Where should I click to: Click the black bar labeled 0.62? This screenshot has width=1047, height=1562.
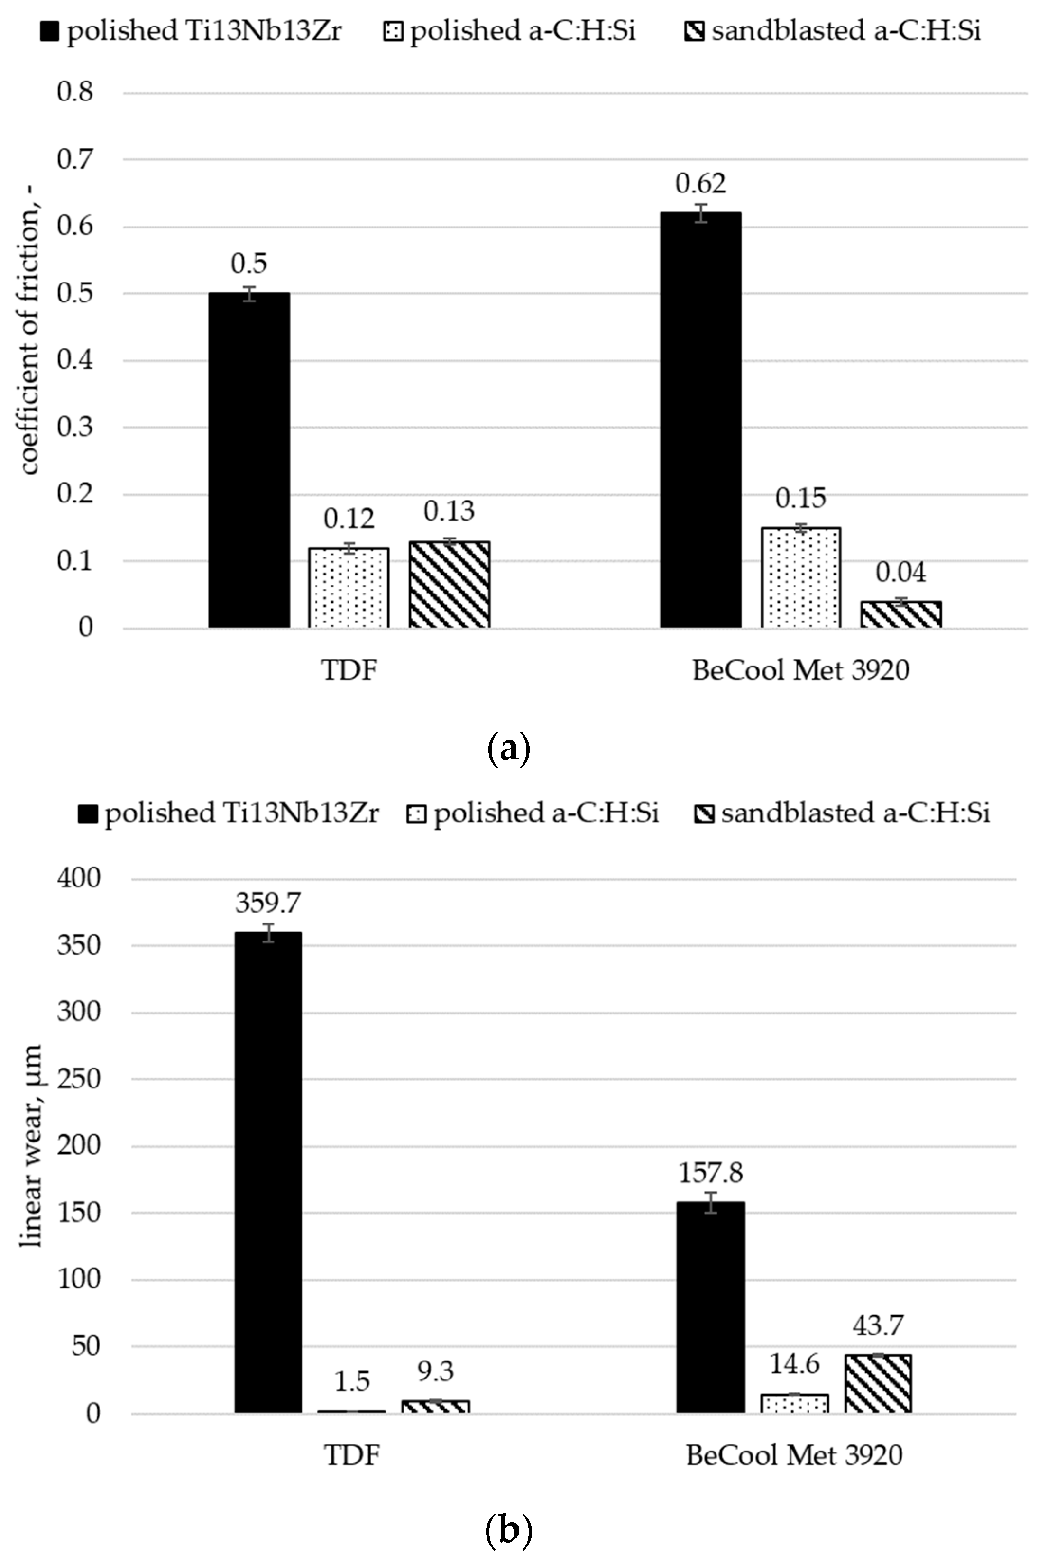(x=700, y=420)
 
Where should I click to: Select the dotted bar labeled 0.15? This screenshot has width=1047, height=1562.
(x=800, y=577)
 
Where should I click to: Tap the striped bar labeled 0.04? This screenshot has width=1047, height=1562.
(x=901, y=615)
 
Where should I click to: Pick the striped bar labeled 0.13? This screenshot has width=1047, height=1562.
(x=450, y=585)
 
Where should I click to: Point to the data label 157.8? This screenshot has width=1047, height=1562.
(x=710, y=1173)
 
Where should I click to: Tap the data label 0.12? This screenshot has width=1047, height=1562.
(x=349, y=519)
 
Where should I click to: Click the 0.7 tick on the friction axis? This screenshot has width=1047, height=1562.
(x=75, y=160)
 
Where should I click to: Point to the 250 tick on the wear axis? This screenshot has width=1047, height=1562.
(x=79, y=1079)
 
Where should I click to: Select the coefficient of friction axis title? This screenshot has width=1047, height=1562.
(x=29, y=360)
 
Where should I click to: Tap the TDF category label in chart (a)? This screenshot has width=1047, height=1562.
(x=349, y=669)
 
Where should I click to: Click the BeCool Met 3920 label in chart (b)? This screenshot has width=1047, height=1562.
(x=794, y=1455)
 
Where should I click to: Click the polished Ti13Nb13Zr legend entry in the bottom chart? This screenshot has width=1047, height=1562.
(x=229, y=813)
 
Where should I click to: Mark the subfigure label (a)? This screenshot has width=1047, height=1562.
(x=509, y=749)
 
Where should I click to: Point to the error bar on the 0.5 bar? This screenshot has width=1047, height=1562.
(x=249, y=294)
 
